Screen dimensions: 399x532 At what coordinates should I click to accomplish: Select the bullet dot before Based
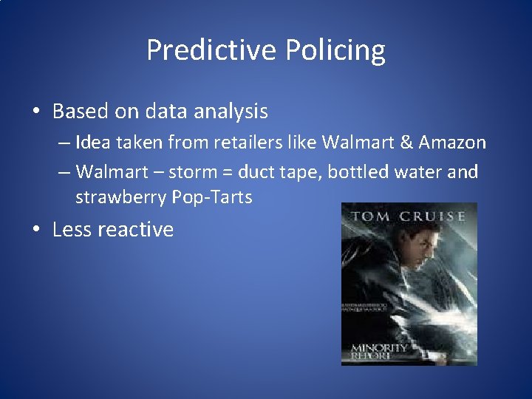(x=35, y=112)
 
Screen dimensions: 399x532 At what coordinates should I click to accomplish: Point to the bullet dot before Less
(x=35, y=230)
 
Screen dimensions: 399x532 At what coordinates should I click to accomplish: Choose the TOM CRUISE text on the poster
(x=409, y=216)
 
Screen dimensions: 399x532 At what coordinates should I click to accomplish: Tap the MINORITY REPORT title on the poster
(x=378, y=352)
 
